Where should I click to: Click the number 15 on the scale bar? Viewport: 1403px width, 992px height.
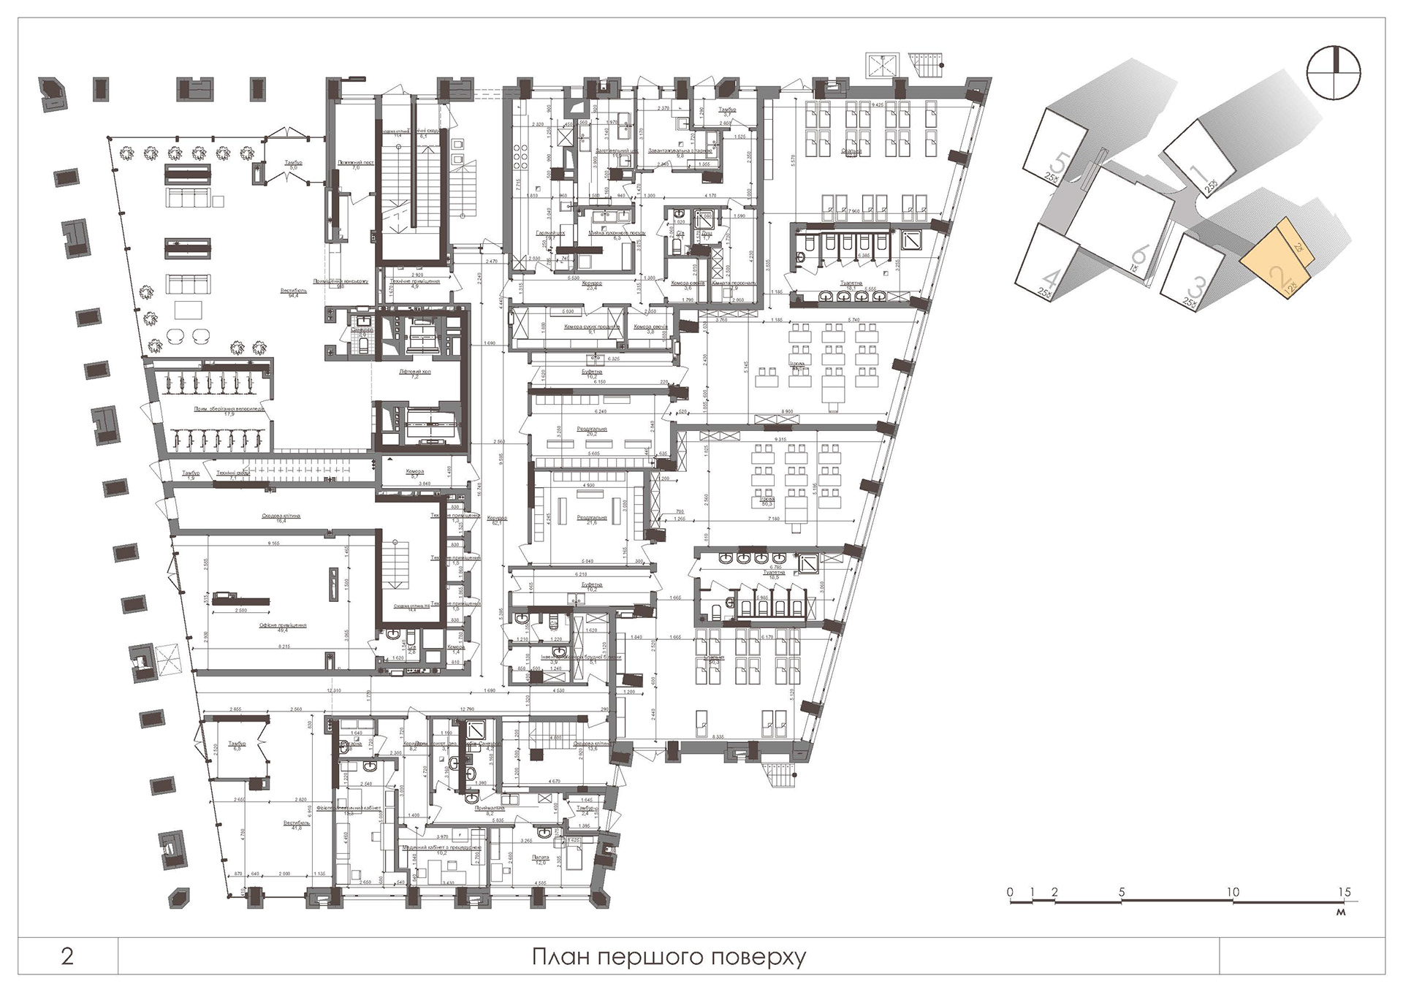[1345, 892]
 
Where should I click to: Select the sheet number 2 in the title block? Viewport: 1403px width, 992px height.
[67, 956]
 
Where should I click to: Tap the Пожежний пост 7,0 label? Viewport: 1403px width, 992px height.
[356, 165]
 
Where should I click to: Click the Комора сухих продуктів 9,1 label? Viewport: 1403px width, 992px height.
[593, 329]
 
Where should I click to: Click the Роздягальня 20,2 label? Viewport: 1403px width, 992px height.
[592, 431]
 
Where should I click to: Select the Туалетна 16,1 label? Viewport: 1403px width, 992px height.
[851, 286]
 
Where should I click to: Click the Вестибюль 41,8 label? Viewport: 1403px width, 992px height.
[297, 825]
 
